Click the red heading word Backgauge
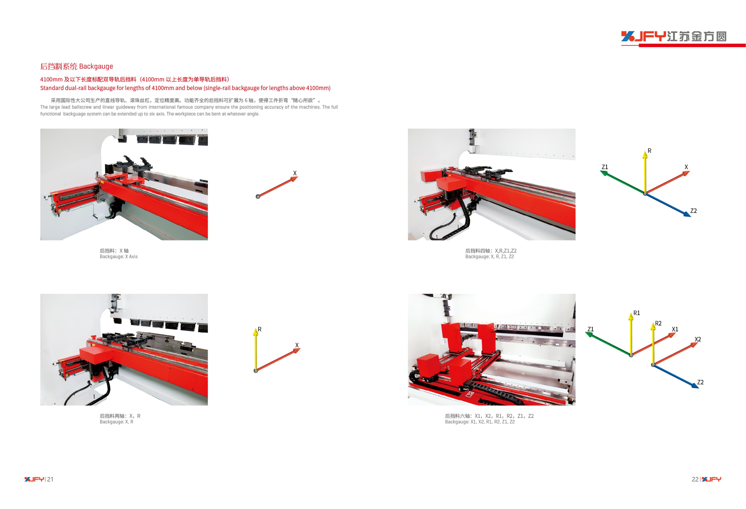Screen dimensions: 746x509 tap(96, 66)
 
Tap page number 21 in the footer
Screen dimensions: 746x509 tap(50, 479)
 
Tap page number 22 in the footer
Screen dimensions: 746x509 tap(695, 479)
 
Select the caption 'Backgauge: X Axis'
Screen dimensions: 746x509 tap(119, 256)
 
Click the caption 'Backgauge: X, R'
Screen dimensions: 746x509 tap(116, 422)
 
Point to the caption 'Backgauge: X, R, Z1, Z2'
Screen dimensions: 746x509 tap(490, 256)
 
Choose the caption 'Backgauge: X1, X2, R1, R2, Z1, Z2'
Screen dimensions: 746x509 tap(480, 422)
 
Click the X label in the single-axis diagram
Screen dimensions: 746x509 tap(295, 173)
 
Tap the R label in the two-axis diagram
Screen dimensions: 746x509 tap(259, 329)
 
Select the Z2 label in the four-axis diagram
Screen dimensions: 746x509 tap(693, 211)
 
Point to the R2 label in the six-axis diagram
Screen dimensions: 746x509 tap(658, 323)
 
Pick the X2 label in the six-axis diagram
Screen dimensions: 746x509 tap(698, 339)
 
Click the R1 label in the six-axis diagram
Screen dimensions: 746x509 tap(637, 313)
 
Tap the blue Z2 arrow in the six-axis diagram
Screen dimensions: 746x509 tap(676, 377)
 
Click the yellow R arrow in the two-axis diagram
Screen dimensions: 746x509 tap(255, 349)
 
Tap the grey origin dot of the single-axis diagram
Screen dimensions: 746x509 tap(257, 197)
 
